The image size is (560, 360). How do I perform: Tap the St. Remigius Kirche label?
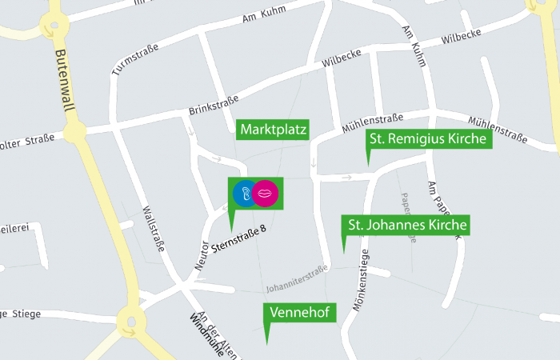tap(428, 139)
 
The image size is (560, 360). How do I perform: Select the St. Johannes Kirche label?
tap(405, 225)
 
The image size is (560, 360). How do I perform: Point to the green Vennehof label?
tap(300, 312)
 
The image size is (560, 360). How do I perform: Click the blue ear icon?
tap(244, 194)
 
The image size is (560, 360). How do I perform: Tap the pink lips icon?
tap(266, 194)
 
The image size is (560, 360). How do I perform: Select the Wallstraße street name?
tap(153, 229)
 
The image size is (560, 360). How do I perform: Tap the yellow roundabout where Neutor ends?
tap(131, 322)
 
